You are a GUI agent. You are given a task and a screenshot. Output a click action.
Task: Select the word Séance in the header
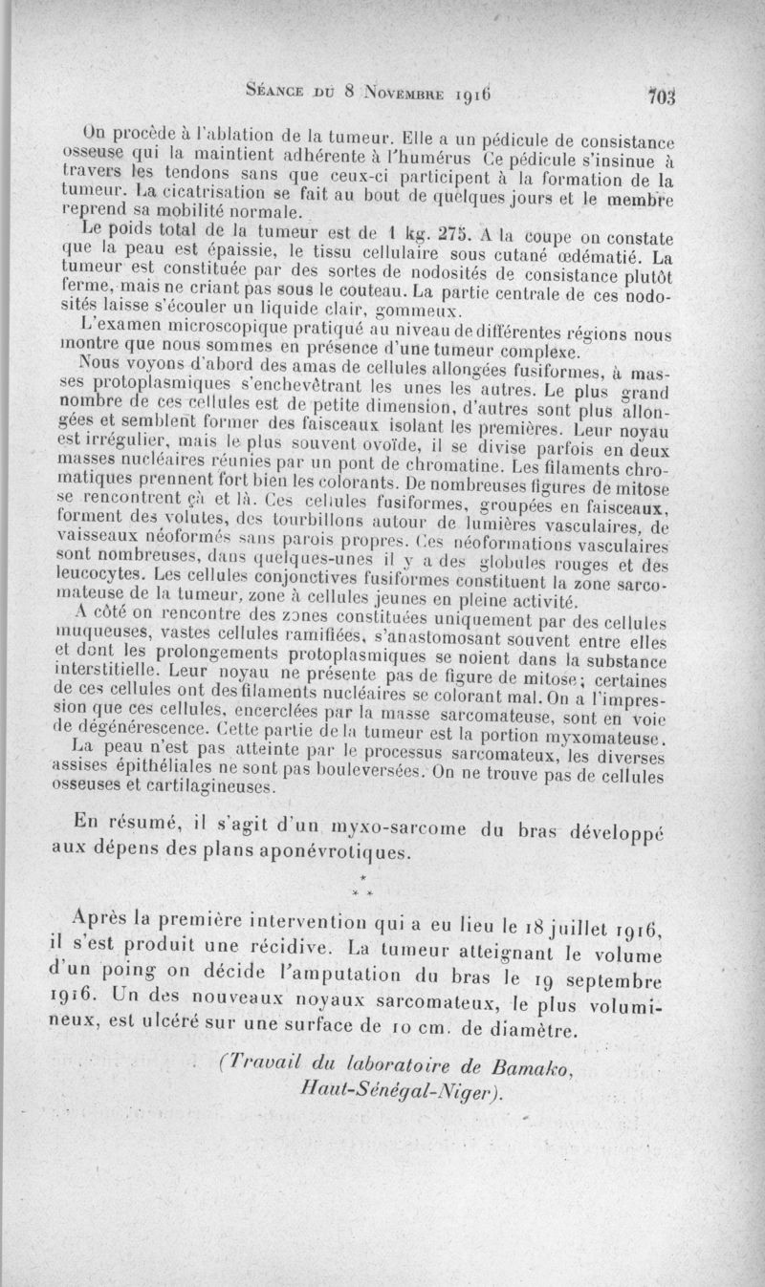pos(277,93)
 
